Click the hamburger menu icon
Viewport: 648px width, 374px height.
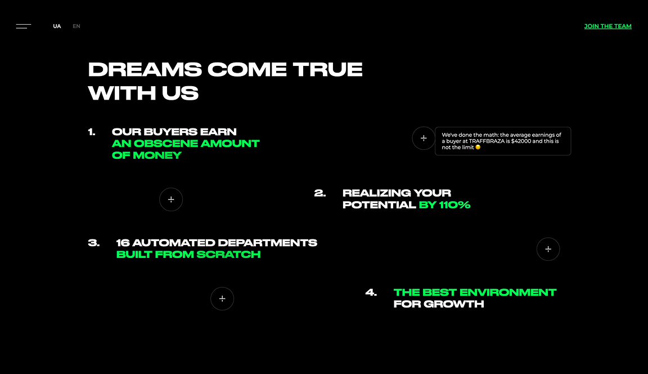click(24, 26)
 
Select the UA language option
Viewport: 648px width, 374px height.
click(57, 26)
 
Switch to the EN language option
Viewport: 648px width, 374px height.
click(76, 26)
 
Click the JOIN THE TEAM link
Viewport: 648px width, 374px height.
click(607, 26)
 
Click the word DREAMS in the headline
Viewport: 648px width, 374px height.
click(145, 69)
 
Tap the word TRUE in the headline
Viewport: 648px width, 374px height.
click(328, 69)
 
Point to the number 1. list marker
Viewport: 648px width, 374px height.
click(92, 132)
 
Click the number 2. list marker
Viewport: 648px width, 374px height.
click(320, 193)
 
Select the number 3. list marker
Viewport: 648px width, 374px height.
click(94, 243)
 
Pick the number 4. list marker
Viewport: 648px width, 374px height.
click(371, 292)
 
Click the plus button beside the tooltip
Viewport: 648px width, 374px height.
click(424, 138)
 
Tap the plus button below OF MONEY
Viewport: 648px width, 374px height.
click(171, 199)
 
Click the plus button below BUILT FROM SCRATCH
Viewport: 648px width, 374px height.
click(222, 299)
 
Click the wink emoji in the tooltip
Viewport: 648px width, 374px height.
click(478, 147)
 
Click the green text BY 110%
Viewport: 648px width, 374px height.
click(445, 205)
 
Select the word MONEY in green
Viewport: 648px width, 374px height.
click(157, 155)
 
